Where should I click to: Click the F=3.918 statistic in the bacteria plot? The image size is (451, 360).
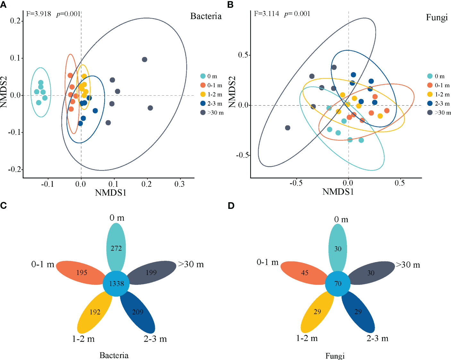38,14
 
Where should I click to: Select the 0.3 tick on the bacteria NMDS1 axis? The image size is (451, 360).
179,184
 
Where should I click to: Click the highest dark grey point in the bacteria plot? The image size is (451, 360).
144,59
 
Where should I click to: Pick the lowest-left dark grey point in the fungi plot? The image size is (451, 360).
288,128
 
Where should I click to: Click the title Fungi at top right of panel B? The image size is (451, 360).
436,17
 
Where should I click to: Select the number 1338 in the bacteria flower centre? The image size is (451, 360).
116,284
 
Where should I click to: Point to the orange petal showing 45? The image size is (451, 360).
304,273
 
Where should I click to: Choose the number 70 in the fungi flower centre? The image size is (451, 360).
338,284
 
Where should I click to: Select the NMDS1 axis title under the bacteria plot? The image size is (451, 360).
111,193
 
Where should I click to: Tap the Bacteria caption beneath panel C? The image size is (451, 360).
114,355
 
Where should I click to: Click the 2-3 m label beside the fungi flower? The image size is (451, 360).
377,339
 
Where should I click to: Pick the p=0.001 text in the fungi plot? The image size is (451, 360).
297,14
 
